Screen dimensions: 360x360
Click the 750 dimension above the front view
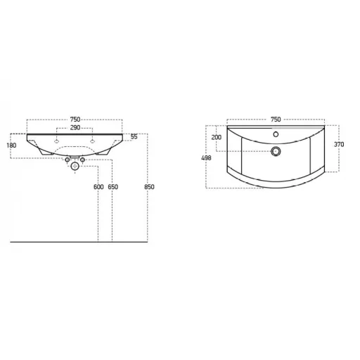click(75, 120)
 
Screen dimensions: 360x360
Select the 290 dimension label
click(75, 128)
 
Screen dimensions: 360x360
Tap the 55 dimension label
click(134, 136)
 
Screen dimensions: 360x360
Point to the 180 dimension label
click(11, 146)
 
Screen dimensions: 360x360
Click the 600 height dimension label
click(98, 187)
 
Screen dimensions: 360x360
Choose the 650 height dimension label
click(113, 187)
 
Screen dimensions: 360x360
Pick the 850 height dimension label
click(149, 187)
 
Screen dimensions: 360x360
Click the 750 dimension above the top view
click(276, 120)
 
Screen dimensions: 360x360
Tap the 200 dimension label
click(217, 137)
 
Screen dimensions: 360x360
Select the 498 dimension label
click(206, 158)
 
